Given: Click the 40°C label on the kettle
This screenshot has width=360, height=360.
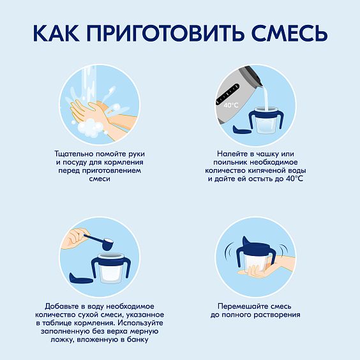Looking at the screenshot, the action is point(231,105).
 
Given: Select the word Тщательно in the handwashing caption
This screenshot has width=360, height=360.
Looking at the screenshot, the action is point(74,154).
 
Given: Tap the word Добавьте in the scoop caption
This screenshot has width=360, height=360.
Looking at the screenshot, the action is point(62,306).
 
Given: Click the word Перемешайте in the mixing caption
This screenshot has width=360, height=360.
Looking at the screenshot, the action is point(243,306).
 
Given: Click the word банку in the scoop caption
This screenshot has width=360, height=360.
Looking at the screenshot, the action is point(136,340).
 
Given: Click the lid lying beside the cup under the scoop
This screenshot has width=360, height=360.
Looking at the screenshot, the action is point(81,278).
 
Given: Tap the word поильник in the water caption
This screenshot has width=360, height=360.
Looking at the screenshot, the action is point(230,162).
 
